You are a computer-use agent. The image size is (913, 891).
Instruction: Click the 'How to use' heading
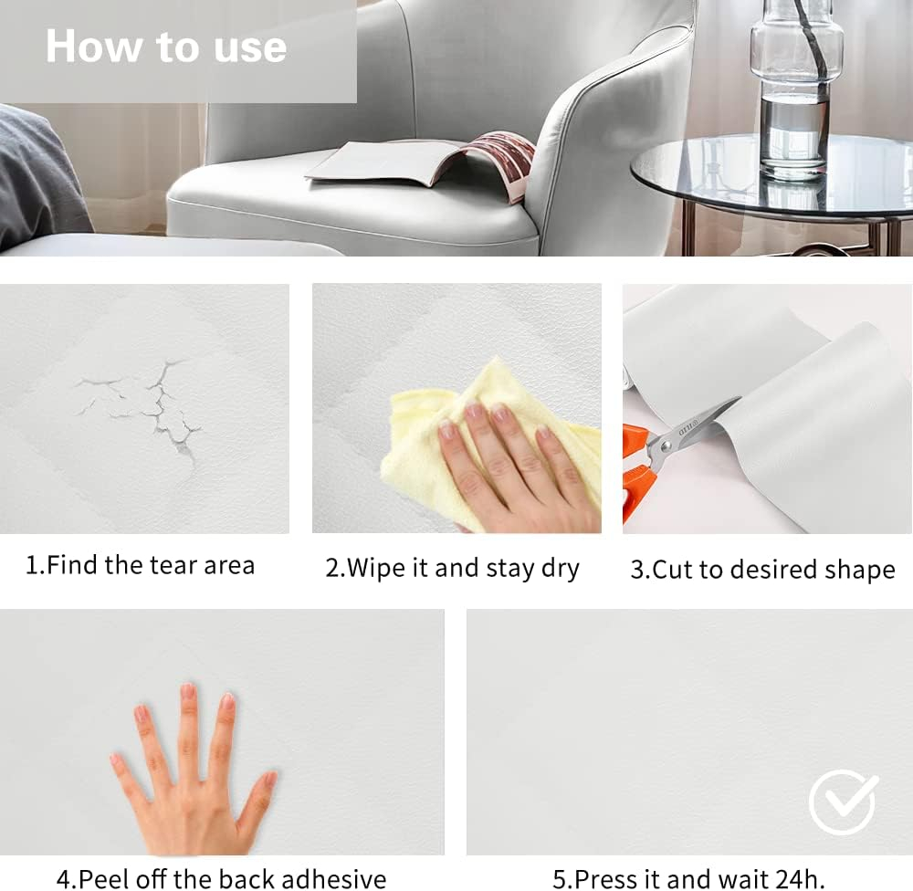click(x=166, y=46)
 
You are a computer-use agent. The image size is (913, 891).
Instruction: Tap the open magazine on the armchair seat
click(x=420, y=165)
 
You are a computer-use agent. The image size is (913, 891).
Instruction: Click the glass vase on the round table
click(x=796, y=88)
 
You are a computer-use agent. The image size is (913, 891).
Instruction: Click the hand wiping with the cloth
click(x=512, y=460)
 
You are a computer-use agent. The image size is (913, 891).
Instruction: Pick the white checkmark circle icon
click(x=843, y=802)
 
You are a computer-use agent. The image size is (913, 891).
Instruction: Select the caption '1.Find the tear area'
click(x=140, y=565)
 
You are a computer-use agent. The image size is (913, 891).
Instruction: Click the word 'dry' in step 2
click(x=561, y=569)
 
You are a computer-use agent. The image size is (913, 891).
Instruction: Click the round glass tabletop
click(x=772, y=174)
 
